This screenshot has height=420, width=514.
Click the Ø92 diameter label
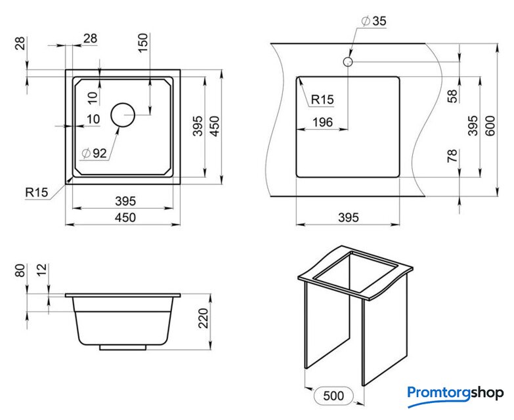click(x=94, y=154)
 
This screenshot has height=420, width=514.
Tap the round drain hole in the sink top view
click(x=123, y=115)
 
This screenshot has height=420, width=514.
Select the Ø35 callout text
click(x=374, y=21)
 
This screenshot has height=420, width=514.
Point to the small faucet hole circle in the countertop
click(x=348, y=62)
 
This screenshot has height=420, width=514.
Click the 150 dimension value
click(x=143, y=43)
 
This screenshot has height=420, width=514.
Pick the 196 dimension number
click(x=322, y=122)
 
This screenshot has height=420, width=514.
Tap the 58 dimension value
click(x=452, y=96)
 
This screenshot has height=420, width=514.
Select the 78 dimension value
click(x=452, y=156)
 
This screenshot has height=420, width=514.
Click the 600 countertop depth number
click(x=490, y=126)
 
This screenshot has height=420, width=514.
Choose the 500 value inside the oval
click(x=333, y=396)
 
